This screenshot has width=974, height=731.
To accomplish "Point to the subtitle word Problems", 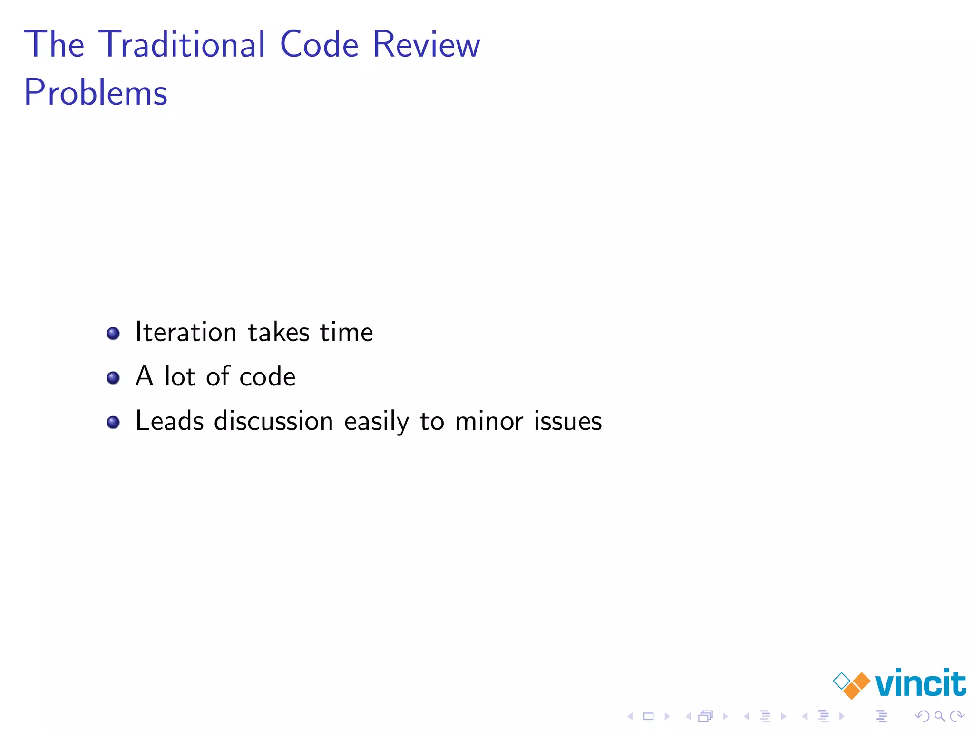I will (x=96, y=93).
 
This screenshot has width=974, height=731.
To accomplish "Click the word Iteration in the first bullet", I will (x=186, y=332).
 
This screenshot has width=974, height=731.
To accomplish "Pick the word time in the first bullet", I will (x=346, y=332).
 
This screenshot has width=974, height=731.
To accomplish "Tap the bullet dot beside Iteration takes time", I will (x=113, y=333).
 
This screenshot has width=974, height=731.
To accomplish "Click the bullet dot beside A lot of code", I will (x=113, y=378).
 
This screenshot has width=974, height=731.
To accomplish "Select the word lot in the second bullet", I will (x=179, y=376).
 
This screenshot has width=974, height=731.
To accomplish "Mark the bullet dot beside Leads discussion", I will (x=113, y=422).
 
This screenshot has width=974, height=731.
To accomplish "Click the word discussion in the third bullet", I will (x=273, y=421).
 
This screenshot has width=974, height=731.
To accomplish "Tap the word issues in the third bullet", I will (x=568, y=421).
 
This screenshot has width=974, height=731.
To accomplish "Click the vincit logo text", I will (x=920, y=684).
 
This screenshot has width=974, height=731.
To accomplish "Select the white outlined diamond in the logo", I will (x=841, y=681).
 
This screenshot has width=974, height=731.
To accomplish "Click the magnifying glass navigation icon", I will (x=939, y=716).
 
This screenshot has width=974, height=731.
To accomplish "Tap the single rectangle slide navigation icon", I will (x=649, y=716).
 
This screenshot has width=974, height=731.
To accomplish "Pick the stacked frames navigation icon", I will (x=706, y=716).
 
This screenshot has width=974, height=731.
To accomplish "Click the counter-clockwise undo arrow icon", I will (x=922, y=716).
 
